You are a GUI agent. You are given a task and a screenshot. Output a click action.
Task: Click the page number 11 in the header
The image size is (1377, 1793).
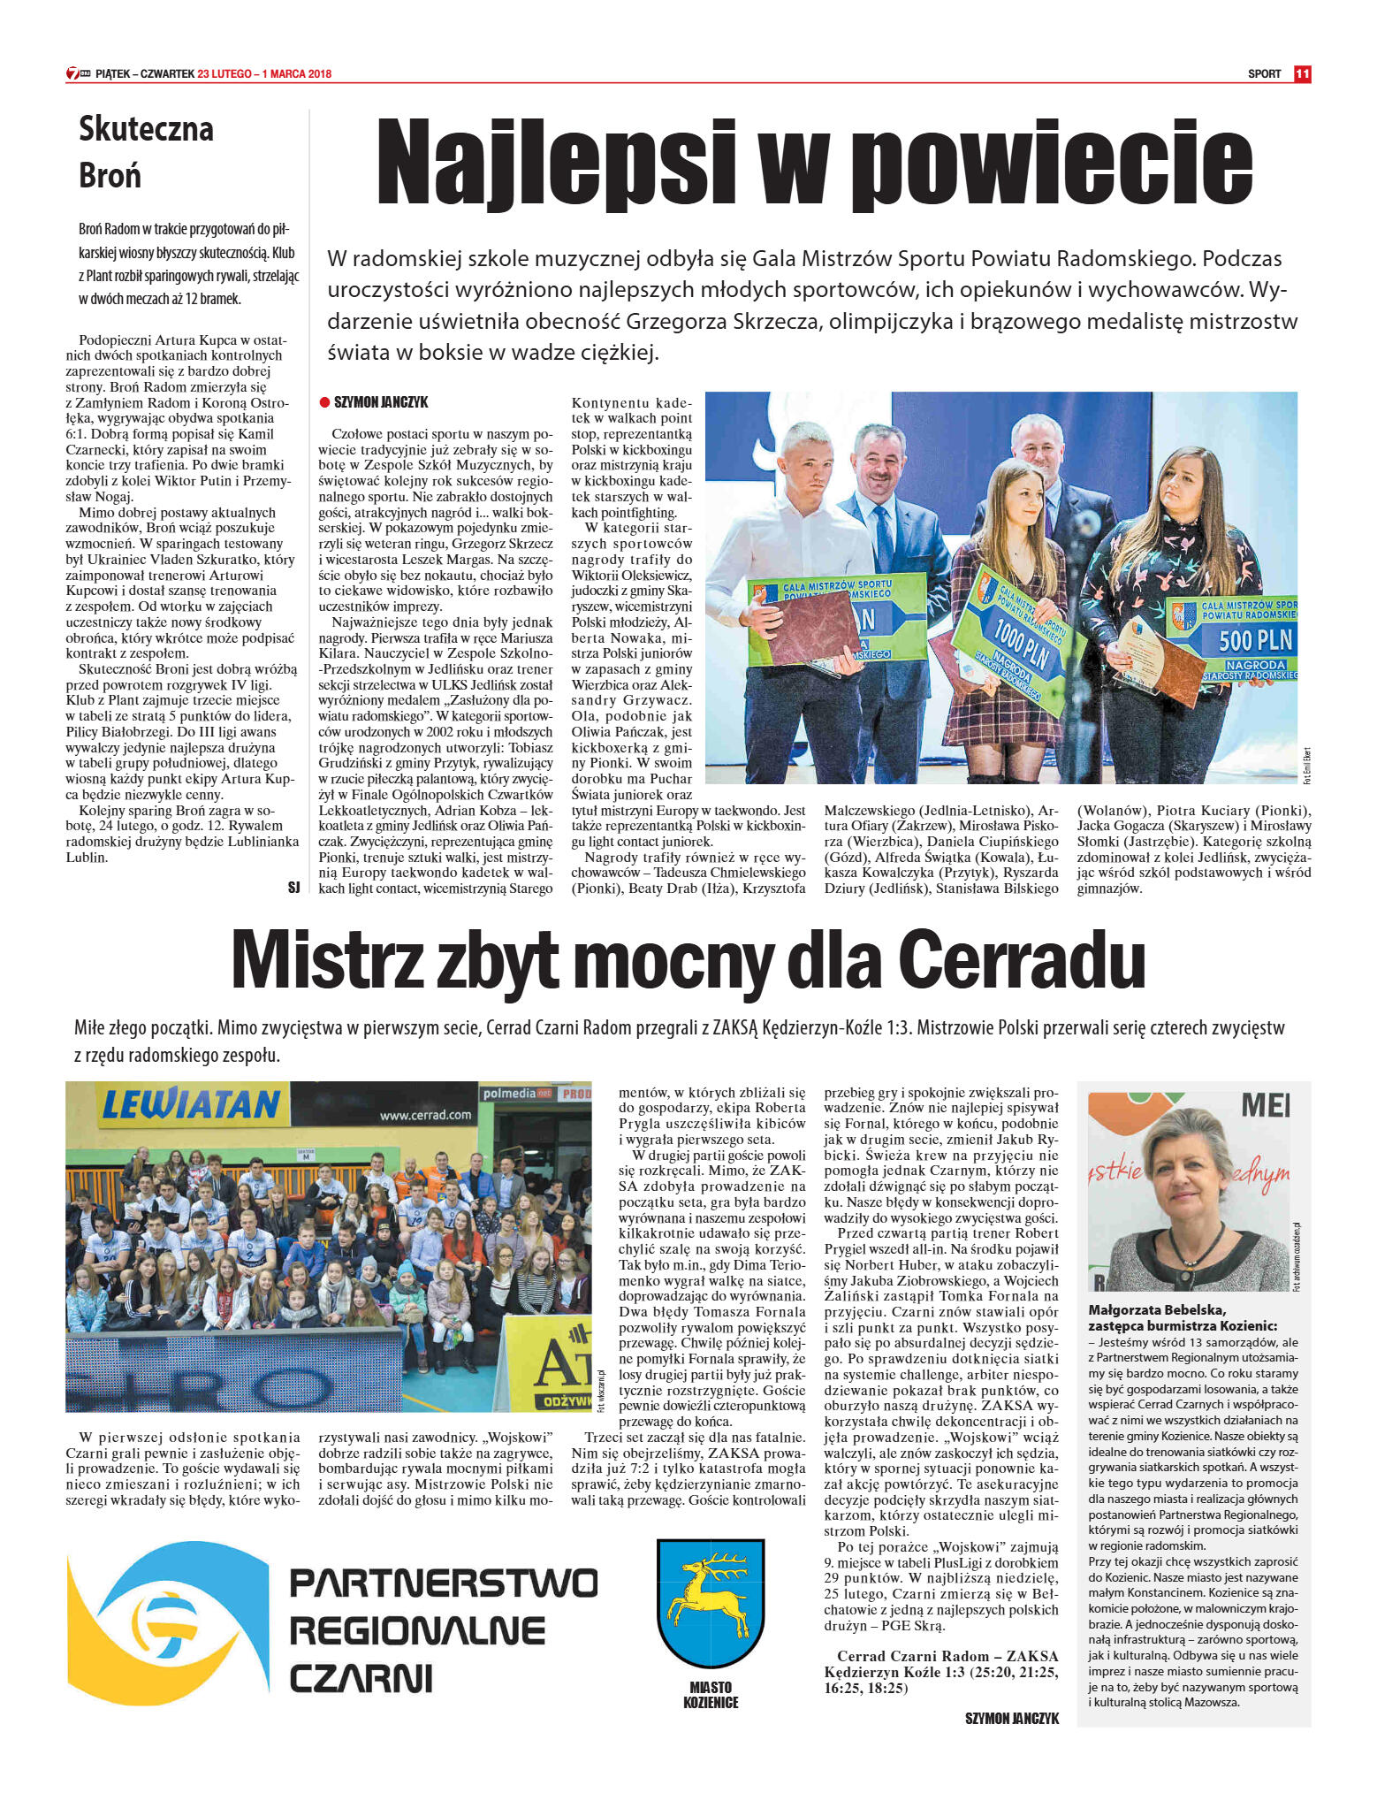(1302, 74)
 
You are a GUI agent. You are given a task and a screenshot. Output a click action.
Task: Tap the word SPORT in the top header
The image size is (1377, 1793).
(1264, 74)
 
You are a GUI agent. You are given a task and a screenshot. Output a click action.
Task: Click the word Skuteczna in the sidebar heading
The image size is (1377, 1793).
(146, 129)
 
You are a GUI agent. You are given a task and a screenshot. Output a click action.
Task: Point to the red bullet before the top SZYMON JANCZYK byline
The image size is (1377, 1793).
(324, 402)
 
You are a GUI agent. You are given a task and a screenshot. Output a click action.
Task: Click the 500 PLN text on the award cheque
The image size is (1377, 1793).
(1255, 640)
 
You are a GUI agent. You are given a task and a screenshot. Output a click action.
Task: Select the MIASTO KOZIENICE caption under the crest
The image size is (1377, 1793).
(711, 1695)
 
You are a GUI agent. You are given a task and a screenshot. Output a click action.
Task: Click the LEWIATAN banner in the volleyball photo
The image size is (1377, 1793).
(191, 1104)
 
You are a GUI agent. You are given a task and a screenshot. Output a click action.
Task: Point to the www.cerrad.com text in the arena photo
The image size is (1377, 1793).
(425, 1115)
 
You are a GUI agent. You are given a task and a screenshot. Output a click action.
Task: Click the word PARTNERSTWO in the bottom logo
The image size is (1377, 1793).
(444, 1583)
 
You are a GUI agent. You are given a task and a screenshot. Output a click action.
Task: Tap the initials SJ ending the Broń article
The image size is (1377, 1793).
(293, 887)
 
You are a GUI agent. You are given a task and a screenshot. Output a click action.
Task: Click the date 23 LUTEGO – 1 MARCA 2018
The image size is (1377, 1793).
(264, 74)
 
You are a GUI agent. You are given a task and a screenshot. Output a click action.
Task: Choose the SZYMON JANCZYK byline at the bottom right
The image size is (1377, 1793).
(1011, 1718)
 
